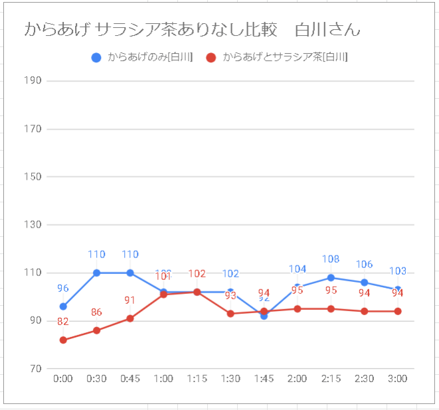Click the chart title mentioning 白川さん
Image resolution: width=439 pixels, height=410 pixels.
click(x=192, y=30)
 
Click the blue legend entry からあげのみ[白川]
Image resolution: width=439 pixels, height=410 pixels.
click(x=143, y=58)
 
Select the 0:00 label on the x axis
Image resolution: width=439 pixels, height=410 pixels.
click(x=63, y=379)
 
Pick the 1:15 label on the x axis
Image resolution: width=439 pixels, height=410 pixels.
click(x=197, y=379)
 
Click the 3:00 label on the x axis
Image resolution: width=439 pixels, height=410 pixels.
click(x=398, y=379)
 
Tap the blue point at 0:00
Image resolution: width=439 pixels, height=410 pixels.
click(x=63, y=307)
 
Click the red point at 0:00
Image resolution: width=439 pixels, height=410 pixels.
click(x=63, y=340)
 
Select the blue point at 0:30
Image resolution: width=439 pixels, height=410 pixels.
click(x=96, y=273)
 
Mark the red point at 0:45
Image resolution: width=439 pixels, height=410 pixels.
click(x=130, y=318)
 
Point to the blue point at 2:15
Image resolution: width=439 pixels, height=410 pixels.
click(x=331, y=277)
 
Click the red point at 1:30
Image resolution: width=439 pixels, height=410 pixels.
click(x=230, y=314)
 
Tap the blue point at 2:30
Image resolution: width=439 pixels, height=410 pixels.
click(x=365, y=283)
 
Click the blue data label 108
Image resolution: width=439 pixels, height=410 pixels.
click(x=331, y=259)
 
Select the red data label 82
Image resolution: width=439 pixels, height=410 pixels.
click(x=63, y=322)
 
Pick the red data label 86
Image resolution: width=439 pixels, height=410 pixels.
click(x=96, y=312)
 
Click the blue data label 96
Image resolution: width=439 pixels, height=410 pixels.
click(x=63, y=289)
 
